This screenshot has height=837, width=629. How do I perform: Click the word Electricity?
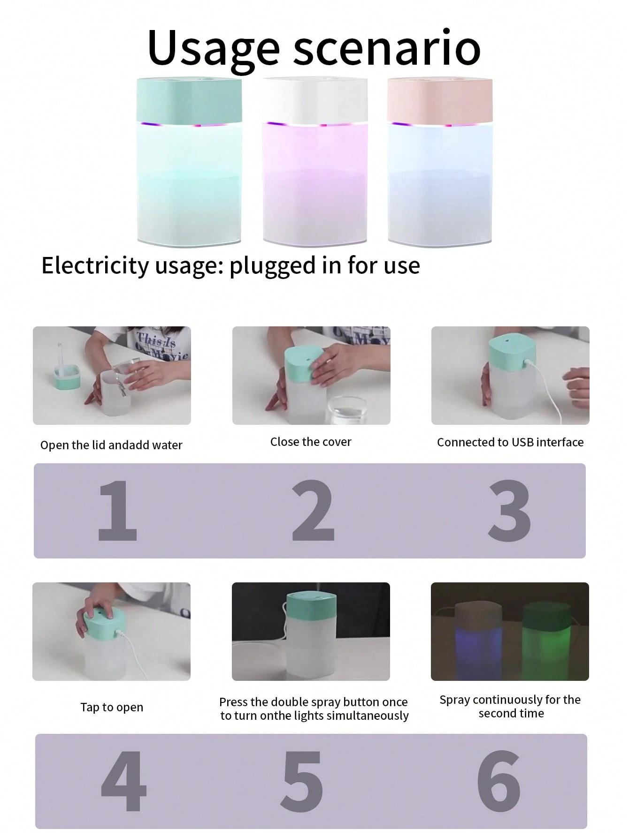(95, 265)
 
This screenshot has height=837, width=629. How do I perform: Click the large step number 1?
(117, 510)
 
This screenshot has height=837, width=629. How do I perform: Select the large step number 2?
(313, 510)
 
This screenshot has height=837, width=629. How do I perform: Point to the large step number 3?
(509, 510)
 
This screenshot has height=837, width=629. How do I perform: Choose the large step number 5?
(302, 782)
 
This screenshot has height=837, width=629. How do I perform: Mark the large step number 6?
(499, 782)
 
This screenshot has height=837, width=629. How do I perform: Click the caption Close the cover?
(311, 442)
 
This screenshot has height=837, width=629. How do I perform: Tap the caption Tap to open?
(112, 708)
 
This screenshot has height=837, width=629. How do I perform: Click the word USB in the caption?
(522, 442)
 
